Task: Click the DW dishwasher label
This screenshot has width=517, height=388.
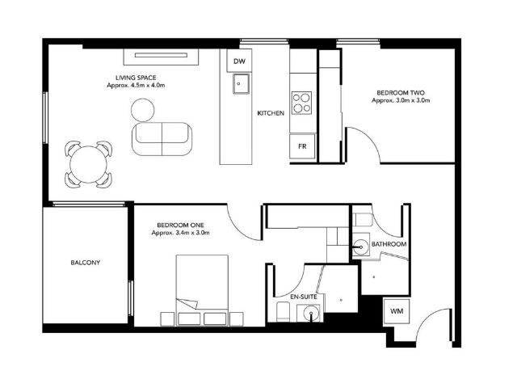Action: (238, 62)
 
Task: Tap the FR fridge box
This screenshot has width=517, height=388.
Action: (301, 146)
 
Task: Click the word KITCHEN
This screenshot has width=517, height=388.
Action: (270, 113)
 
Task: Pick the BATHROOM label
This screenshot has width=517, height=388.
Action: (389, 244)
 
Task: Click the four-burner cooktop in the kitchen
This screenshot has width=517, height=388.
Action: (302, 103)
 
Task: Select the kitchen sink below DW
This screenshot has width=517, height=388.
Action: (240, 83)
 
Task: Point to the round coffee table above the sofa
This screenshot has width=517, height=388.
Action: (144, 108)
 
